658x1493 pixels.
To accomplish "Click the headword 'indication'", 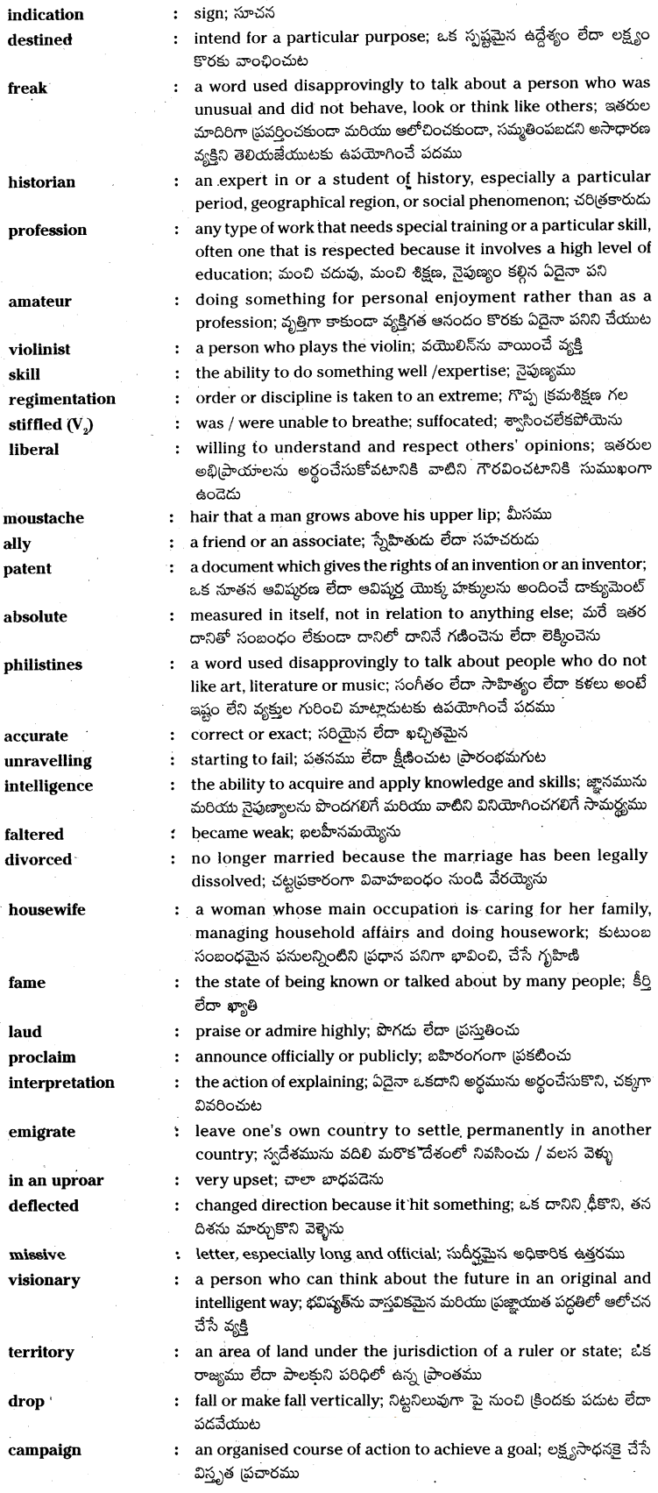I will click(x=46, y=14).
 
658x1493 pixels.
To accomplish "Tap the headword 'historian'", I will click(x=41, y=182).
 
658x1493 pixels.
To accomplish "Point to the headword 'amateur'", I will click(x=39, y=301).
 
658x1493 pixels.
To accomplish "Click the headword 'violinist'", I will click(x=39, y=349).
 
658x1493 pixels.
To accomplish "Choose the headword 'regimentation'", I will click(x=62, y=399).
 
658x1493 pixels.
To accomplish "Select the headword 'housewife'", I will click(x=47, y=909).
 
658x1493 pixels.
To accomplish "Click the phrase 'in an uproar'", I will click(x=48, y=1180).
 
